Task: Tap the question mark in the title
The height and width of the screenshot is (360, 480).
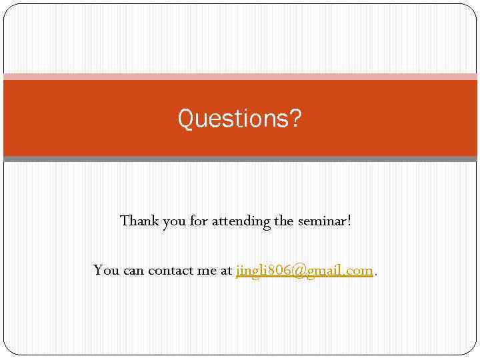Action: coord(295,119)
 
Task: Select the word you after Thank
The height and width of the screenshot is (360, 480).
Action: coord(175,222)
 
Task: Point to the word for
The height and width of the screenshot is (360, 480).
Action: coord(199,221)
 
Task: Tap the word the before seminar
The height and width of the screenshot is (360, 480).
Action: coord(285,221)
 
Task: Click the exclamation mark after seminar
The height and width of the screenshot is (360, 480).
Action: coord(349,221)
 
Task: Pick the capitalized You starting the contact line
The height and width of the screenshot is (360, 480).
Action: coord(107,271)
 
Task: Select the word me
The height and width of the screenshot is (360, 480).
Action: coord(207,271)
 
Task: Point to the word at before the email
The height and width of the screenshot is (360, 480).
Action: coord(226,271)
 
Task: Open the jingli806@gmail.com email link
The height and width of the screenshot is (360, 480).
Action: coord(304,271)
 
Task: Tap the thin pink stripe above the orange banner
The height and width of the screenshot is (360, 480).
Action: coord(240,77)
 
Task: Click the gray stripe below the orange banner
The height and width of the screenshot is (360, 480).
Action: coord(240,159)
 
